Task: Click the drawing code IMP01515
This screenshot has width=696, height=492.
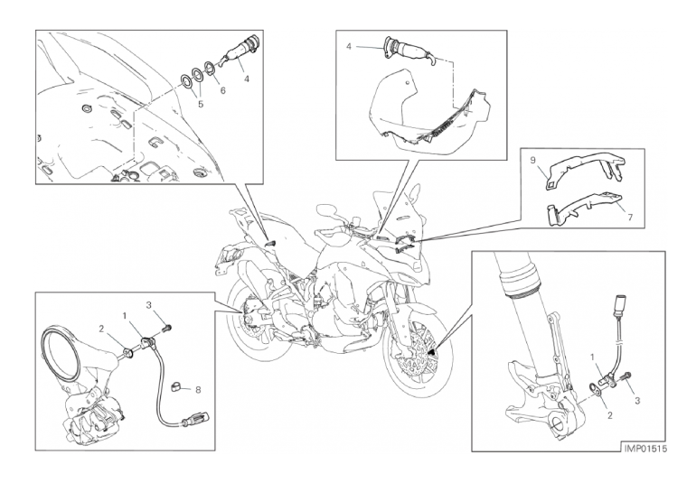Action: [x=646, y=449]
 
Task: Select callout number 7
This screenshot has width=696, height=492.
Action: [x=630, y=218]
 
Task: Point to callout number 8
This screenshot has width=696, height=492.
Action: [x=198, y=390]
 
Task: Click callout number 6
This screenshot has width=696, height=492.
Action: [x=222, y=90]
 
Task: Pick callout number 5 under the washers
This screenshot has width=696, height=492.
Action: [x=201, y=105]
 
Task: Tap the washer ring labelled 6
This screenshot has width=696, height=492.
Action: [x=210, y=68]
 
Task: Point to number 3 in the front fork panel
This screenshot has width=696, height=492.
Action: [x=637, y=401]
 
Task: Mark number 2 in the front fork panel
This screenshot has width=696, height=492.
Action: [x=610, y=415]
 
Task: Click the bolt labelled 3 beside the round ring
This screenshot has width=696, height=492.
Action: [x=168, y=329]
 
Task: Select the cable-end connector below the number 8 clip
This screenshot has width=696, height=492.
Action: [x=198, y=418]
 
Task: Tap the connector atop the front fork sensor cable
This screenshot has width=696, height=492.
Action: [x=618, y=304]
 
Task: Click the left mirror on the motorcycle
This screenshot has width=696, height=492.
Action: [x=324, y=209]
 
